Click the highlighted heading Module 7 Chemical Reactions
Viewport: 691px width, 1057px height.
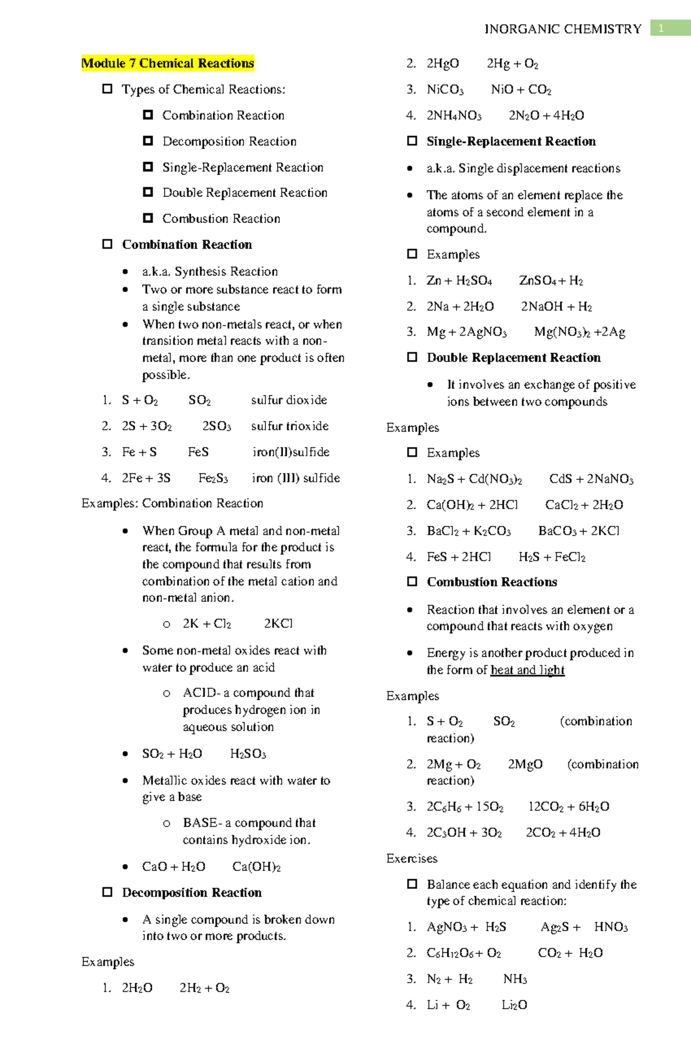coord(168,63)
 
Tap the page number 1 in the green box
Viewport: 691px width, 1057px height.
coord(662,28)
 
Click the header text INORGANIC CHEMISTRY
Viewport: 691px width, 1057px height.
coord(563,29)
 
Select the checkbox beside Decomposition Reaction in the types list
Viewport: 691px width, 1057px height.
coord(148,141)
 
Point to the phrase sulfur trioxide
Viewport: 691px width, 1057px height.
coord(290,426)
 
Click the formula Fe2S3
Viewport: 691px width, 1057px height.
coord(213,478)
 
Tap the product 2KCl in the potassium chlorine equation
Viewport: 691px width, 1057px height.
coord(278,624)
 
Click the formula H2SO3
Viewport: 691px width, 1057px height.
coord(248,754)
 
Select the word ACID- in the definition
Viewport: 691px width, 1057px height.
coord(202,693)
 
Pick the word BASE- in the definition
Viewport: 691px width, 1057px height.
coord(202,823)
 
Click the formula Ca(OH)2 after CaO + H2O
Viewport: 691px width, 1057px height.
coord(256,867)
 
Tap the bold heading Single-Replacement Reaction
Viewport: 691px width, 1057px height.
coord(511,142)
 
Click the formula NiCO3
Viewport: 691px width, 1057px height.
coord(445,90)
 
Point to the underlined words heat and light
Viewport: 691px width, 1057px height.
coord(527,670)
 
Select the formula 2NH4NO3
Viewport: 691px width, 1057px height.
coord(454,116)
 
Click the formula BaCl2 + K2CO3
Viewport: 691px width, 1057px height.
coord(468,531)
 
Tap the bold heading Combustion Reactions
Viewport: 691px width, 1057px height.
coord(492,582)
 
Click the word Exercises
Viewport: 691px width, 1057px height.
coord(412,859)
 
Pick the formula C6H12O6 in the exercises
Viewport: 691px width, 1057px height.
coord(450,953)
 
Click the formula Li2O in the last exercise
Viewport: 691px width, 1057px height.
coord(514,1005)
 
